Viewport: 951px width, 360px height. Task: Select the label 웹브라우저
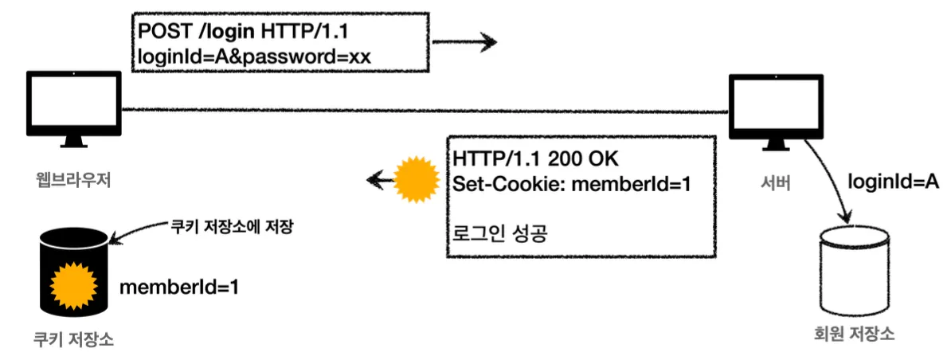(72, 180)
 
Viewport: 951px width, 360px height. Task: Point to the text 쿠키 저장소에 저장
(227, 225)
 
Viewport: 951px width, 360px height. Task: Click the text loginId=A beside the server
(892, 182)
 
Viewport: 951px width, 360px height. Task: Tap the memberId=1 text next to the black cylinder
(178, 286)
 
